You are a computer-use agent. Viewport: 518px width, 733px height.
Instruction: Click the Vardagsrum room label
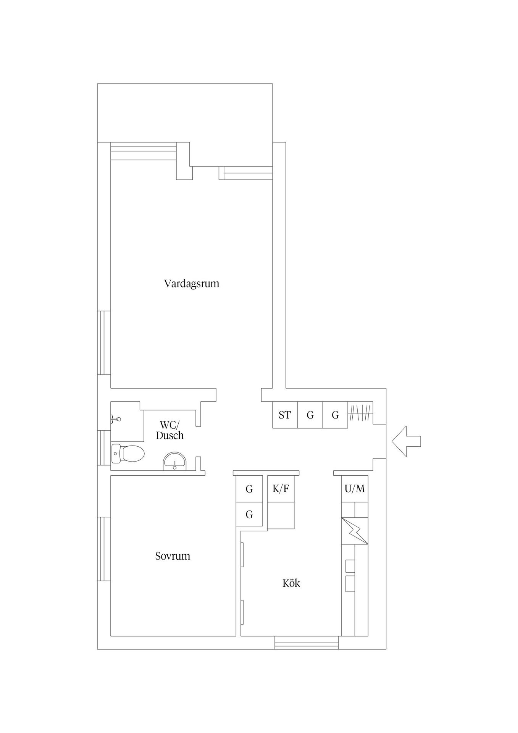pyautogui.click(x=192, y=284)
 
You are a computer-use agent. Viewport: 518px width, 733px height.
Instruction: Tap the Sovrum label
pyautogui.click(x=173, y=556)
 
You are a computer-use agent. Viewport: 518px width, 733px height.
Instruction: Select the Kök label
pyautogui.click(x=291, y=583)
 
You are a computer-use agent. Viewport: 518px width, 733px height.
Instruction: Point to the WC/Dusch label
pyautogui.click(x=170, y=430)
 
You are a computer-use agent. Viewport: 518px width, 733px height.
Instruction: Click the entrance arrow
pyautogui.click(x=406, y=441)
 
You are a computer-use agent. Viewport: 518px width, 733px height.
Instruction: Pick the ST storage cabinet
pyautogui.click(x=285, y=415)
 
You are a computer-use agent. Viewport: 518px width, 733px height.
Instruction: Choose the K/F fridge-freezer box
pyautogui.click(x=281, y=489)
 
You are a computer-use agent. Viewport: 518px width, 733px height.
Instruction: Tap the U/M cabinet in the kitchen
pyautogui.click(x=355, y=489)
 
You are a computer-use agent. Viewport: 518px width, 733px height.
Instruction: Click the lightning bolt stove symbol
pyautogui.click(x=355, y=531)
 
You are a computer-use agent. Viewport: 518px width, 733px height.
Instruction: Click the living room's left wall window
pyautogui.click(x=104, y=342)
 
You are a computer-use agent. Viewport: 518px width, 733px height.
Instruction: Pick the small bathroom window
pyautogui.click(x=104, y=447)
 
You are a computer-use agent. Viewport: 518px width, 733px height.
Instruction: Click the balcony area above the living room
pyautogui.click(x=185, y=113)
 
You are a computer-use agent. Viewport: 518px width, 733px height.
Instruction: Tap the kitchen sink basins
pyautogui.click(x=350, y=576)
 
